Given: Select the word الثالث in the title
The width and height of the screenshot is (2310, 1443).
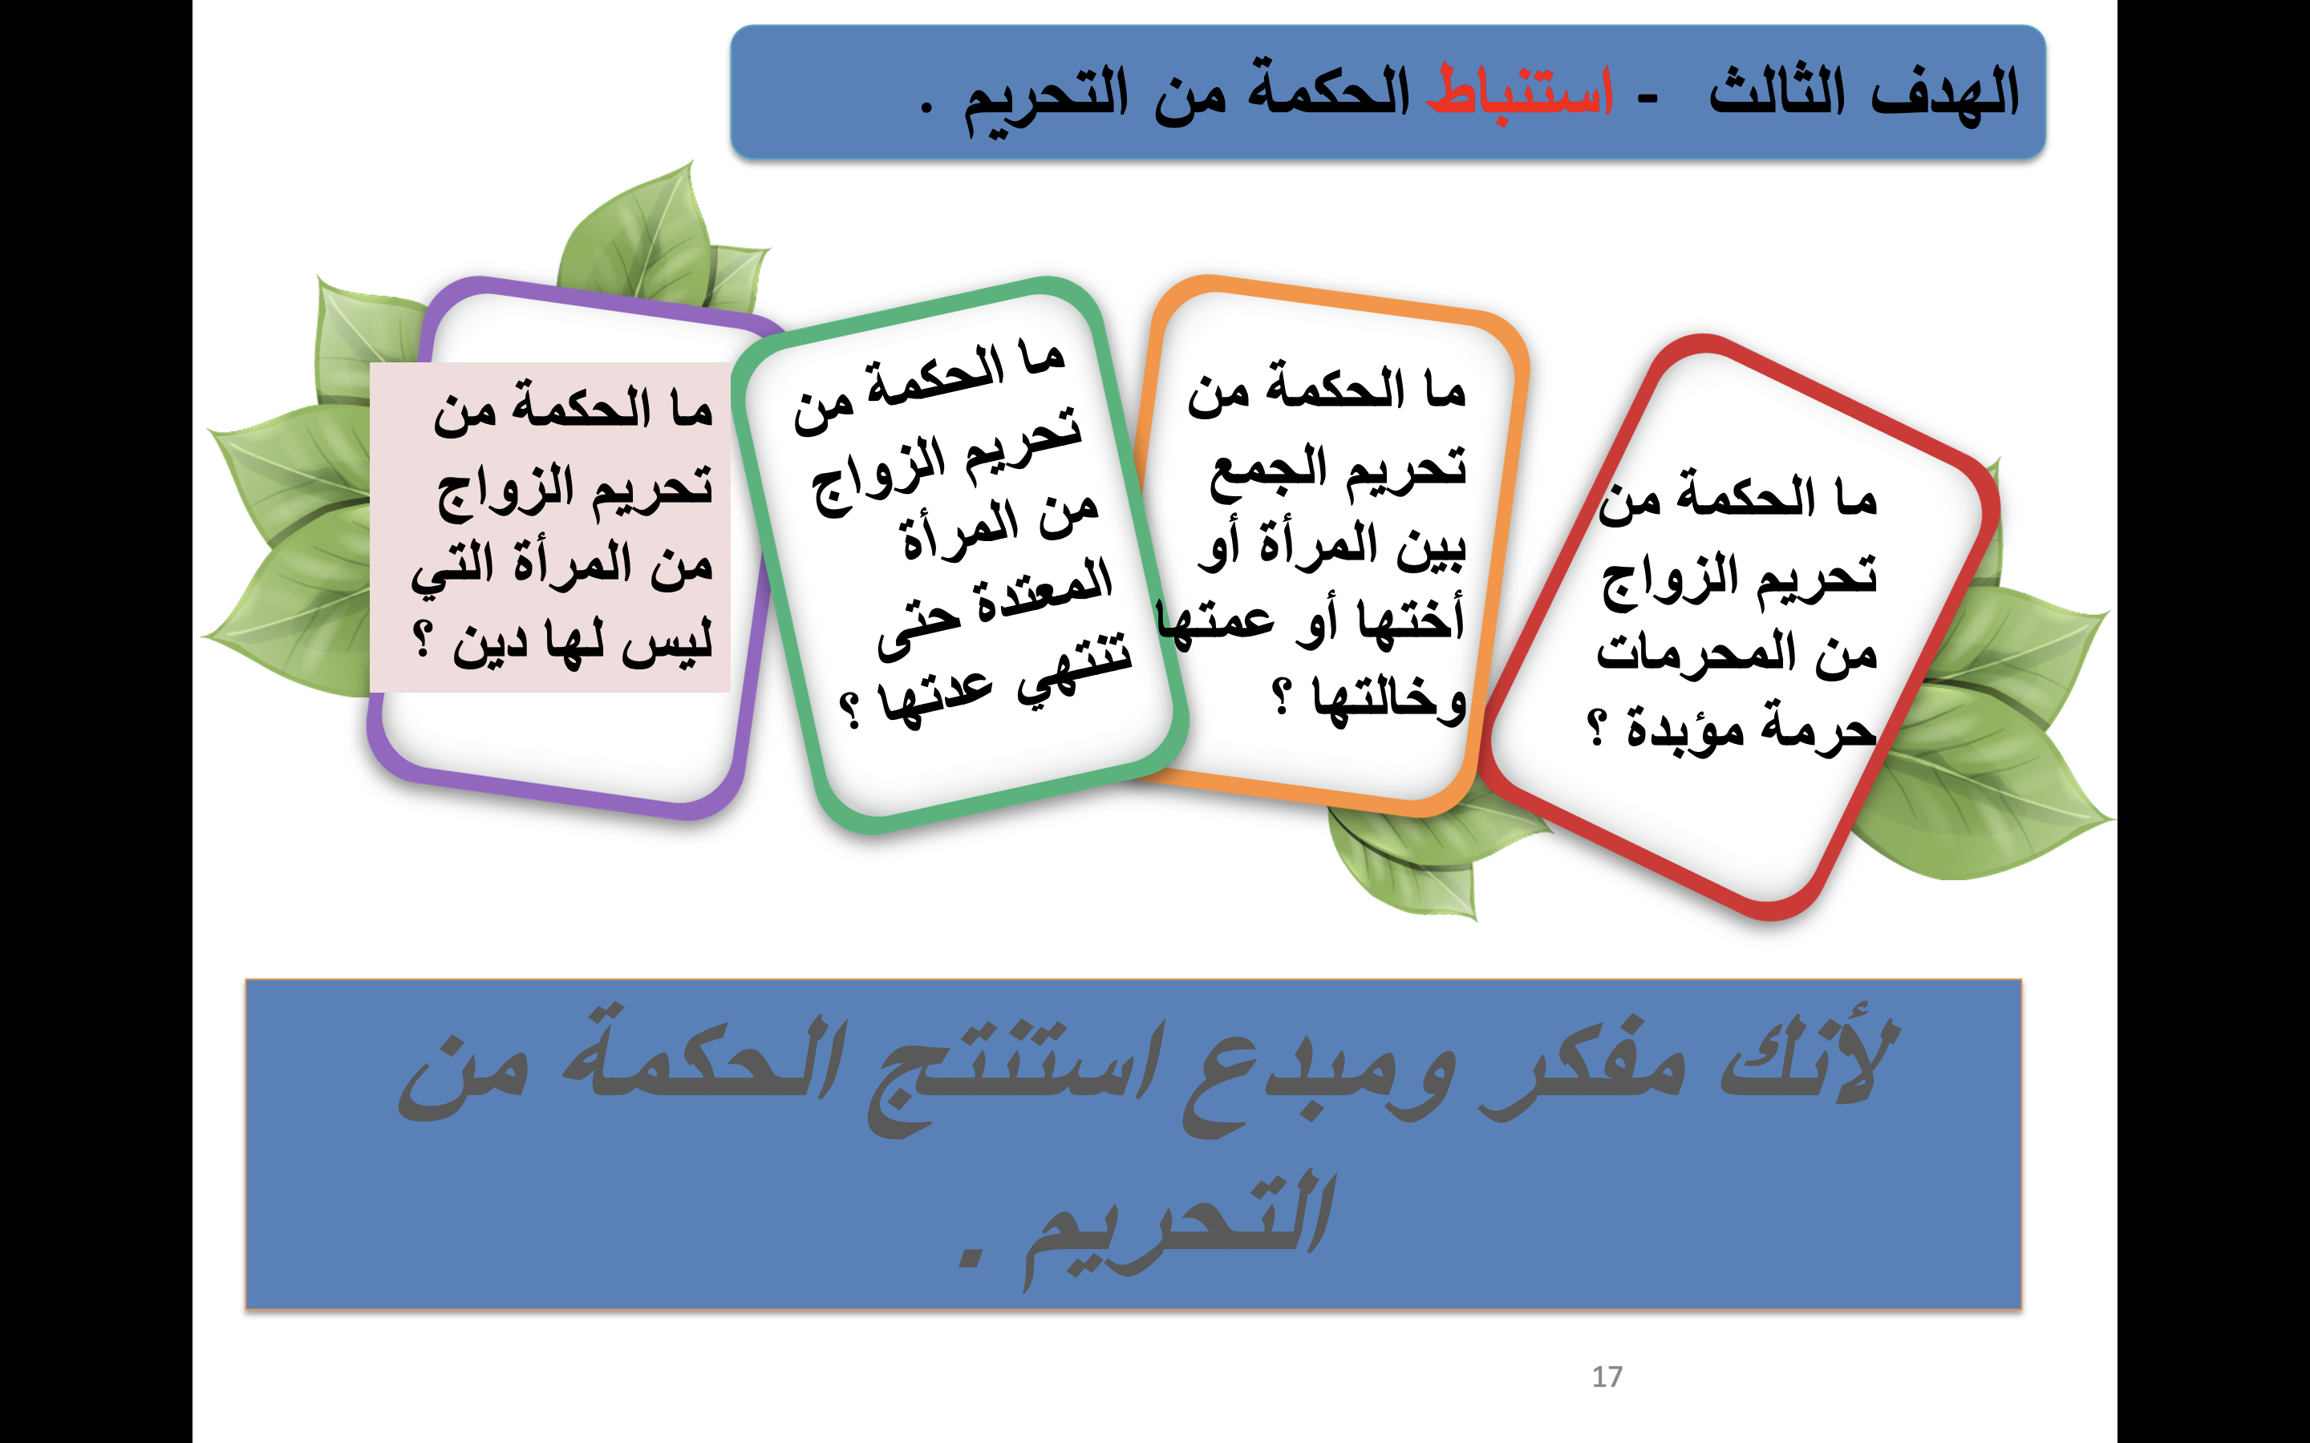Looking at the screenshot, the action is coord(1777,91).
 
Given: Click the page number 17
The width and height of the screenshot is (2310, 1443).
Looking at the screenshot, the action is coord(1607,1376).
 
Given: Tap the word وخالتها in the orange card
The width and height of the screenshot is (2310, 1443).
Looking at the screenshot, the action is coord(1389,701).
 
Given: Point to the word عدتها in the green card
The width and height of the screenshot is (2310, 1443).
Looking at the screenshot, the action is coord(935,697).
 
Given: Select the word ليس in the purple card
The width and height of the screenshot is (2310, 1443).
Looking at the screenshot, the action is coord(667,641).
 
